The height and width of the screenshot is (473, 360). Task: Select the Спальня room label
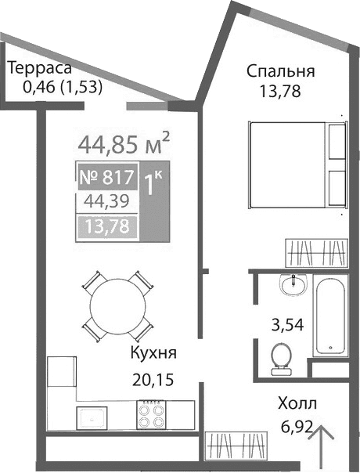280,71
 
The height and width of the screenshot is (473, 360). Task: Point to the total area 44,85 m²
124,144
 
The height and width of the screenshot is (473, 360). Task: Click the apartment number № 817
107,178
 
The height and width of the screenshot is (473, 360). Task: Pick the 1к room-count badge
153,183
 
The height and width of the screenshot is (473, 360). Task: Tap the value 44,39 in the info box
106,202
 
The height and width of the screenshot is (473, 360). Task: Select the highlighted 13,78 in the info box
106,228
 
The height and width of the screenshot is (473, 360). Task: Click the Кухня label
153,353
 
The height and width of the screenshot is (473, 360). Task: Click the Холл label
297,404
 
